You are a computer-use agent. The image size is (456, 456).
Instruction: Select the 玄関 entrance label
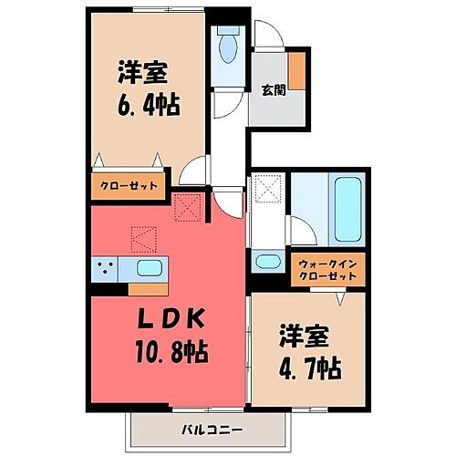[x=272, y=89]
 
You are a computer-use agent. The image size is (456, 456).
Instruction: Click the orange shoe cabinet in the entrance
[x=297, y=70]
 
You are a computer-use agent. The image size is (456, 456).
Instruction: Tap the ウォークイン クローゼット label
[x=331, y=269]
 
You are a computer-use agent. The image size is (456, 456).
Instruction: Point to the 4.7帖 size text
[x=310, y=369]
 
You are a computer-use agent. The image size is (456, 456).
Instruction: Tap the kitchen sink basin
[x=150, y=268]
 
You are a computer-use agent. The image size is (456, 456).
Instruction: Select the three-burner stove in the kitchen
[x=107, y=268]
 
